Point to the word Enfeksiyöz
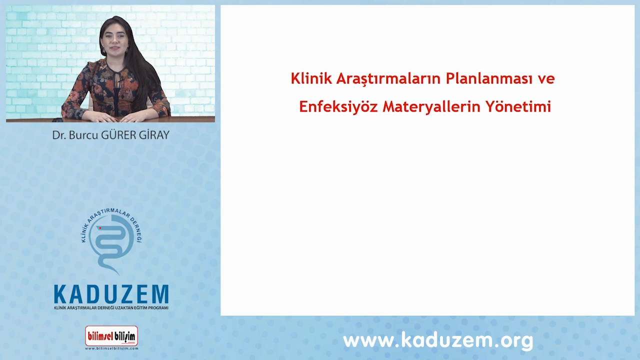(338, 107)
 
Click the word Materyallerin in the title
(431, 107)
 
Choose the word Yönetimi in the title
(518, 106)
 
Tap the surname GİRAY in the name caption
(154, 135)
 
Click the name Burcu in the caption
(83, 135)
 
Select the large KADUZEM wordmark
(111, 294)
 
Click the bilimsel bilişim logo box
(111, 336)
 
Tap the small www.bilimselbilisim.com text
(111, 348)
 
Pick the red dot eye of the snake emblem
(100, 228)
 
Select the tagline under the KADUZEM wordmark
(111, 308)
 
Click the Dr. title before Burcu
(59, 135)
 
